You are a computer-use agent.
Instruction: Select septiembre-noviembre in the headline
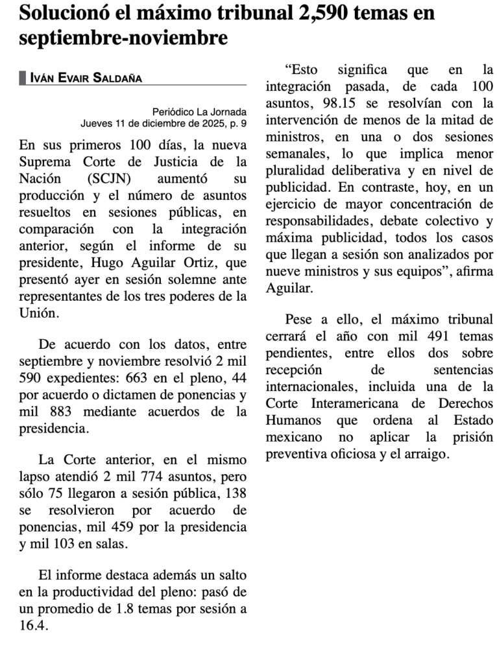click(123, 38)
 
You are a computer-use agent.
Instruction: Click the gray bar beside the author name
click(23, 78)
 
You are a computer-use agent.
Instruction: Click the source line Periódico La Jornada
click(199, 111)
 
